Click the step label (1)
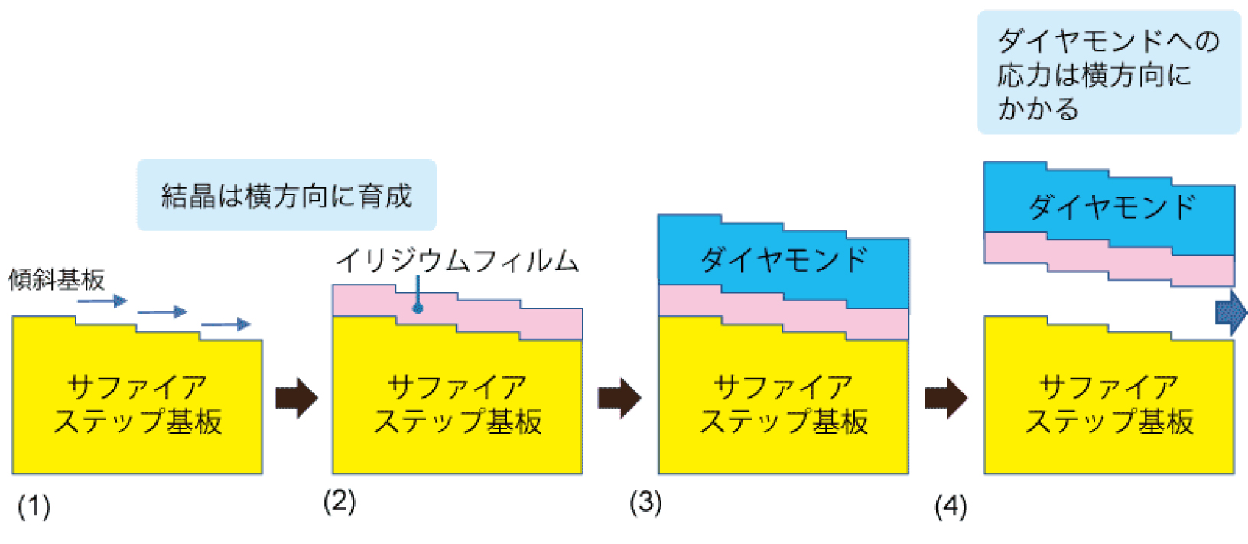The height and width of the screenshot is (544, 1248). coord(34,507)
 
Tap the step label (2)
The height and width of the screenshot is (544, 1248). coord(340,502)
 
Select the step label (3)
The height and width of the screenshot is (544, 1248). coord(645,502)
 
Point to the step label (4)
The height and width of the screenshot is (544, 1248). coord(951,507)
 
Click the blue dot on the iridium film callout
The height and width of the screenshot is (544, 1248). coord(418,308)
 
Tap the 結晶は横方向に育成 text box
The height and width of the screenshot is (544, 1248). coord(286,195)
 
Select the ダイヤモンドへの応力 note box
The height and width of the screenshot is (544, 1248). coord(1109,73)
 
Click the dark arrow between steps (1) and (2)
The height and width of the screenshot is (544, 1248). coord(297,398)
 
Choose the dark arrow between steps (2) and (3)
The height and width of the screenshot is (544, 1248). coord(619,398)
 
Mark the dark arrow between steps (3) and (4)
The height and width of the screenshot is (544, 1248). coord(946,398)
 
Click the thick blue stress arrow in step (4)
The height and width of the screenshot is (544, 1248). coord(1231,312)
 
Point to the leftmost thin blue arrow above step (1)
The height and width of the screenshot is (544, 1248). coord(102,301)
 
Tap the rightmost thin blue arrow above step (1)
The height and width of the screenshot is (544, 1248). coord(226,324)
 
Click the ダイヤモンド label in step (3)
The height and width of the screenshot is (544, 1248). coord(784,260)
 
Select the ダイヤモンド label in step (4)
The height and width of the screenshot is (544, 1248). coord(1112,207)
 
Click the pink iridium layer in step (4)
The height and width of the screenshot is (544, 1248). coord(1109,259)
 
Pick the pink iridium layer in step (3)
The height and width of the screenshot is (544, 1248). coord(784,313)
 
